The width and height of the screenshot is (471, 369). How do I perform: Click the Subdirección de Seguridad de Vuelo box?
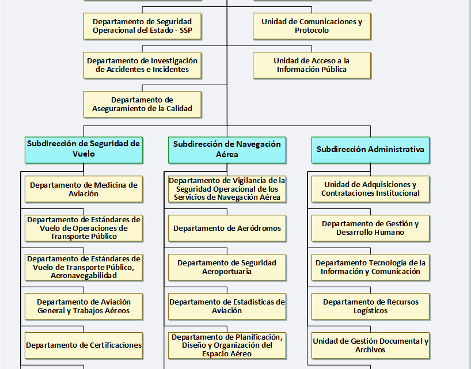[x=83, y=150]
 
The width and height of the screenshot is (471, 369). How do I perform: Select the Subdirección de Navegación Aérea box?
[x=227, y=150]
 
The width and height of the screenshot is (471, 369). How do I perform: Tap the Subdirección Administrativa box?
[x=370, y=150]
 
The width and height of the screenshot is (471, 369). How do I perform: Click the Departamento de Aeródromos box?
[x=227, y=228]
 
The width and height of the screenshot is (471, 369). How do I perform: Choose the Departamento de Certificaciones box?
[x=83, y=345]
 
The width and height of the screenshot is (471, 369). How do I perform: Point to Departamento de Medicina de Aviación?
[x=83, y=189]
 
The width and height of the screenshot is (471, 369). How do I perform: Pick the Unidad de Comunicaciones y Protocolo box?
[x=312, y=26]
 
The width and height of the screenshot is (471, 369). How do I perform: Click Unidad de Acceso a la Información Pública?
[x=312, y=65]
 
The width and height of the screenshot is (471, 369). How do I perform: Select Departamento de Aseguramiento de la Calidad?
[x=142, y=104]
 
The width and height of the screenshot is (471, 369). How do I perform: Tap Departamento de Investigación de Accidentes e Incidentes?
[x=142, y=65]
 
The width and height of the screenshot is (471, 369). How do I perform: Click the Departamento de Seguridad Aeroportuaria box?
[x=227, y=267]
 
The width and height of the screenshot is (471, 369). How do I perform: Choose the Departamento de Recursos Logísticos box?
[x=370, y=306]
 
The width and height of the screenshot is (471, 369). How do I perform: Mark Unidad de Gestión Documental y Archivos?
[x=370, y=345]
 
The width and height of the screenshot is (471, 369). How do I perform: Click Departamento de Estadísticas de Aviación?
[x=227, y=306]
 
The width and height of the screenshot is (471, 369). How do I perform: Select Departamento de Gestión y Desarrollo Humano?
[x=370, y=228]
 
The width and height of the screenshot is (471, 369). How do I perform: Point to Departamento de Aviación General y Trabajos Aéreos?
[x=83, y=306]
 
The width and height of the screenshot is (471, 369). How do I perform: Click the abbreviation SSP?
[x=186, y=31]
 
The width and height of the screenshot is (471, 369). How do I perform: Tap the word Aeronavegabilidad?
[x=83, y=276]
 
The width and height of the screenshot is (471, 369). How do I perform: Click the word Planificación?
[x=259, y=337]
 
